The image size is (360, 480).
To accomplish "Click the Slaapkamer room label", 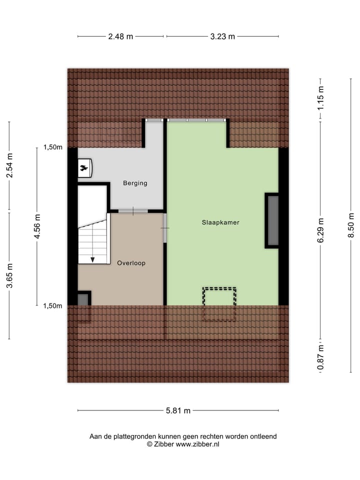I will [220, 222].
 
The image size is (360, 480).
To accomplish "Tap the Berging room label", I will [135, 183].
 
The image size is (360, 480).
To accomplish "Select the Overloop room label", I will [131, 262].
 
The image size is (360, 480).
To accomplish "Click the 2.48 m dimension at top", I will [120, 36].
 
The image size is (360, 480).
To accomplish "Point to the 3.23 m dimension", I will [222, 36].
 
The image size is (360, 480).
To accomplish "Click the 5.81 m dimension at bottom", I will [178, 411].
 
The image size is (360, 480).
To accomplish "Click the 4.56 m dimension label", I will [37, 226].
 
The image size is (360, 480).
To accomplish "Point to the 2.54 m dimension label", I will [9, 165].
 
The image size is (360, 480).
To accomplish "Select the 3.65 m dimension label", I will [9, 276].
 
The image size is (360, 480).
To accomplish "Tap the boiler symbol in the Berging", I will [84, 168].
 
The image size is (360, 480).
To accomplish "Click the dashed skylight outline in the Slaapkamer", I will [219, 304].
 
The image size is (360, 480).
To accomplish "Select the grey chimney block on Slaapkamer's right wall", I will [273, 220].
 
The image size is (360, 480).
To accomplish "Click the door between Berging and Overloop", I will [133, 211].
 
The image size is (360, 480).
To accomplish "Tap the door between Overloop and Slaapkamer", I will [165, 228].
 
